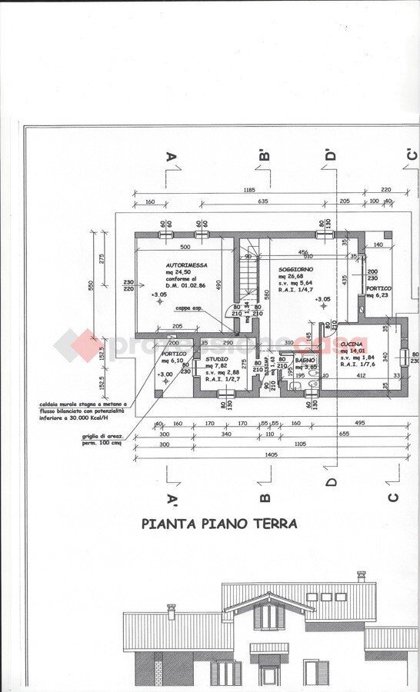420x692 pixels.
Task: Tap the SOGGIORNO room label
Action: click(x=296, y=269)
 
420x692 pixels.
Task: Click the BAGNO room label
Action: click(x=306, y=359)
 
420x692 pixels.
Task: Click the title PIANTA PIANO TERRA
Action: click(x=219, y=524)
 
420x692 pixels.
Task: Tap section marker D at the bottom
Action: click(x=332, y=482)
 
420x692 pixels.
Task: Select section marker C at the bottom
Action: click(x=393, y=496)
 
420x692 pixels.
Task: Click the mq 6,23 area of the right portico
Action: click(x=378, y=294)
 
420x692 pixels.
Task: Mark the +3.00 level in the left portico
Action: click(x=164, y=374)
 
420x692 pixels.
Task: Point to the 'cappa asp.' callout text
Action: click(x=188, y=308)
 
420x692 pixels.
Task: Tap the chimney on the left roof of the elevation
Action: click(x=172, y=610)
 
